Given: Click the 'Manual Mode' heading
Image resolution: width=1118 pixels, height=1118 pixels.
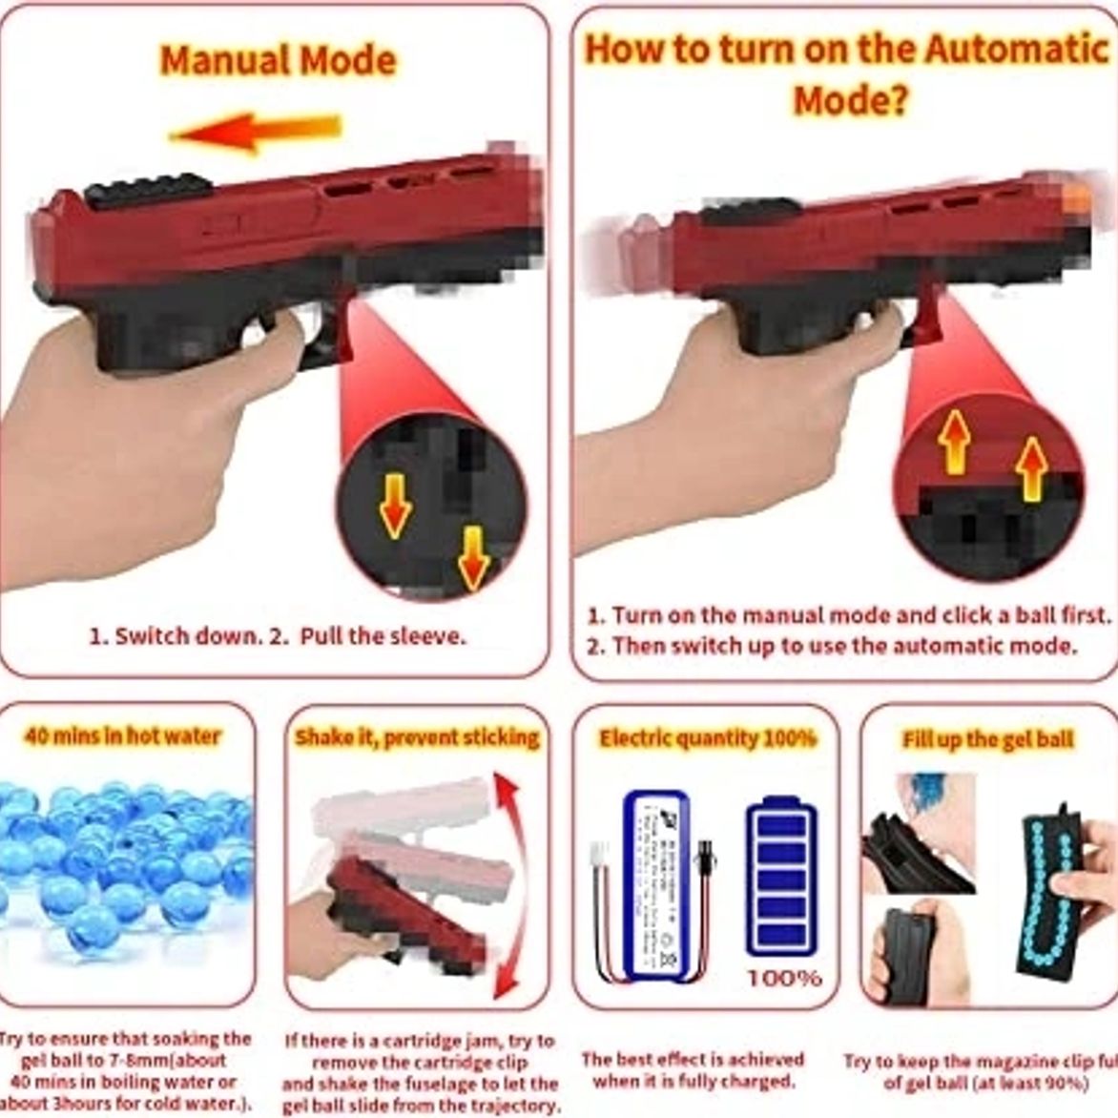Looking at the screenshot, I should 278,60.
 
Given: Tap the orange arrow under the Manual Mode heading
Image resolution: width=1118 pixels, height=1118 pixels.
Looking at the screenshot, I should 256,132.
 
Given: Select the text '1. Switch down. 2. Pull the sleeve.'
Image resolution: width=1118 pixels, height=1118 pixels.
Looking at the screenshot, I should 278,636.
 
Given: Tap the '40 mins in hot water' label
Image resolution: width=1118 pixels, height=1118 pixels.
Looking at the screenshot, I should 122,736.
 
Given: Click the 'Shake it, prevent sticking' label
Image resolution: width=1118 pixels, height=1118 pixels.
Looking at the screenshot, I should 417,737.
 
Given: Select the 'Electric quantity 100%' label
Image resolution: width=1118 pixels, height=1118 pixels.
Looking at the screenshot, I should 707,738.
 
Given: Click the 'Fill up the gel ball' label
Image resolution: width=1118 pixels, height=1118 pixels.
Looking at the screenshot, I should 988,740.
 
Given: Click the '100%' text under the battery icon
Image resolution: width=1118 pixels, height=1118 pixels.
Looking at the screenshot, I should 783,978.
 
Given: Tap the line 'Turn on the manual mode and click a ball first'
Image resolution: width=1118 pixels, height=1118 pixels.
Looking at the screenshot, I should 849,615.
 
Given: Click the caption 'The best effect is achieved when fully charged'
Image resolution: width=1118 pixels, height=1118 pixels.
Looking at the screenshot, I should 694,1069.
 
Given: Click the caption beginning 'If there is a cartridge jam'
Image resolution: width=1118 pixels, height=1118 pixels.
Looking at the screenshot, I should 420,1072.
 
